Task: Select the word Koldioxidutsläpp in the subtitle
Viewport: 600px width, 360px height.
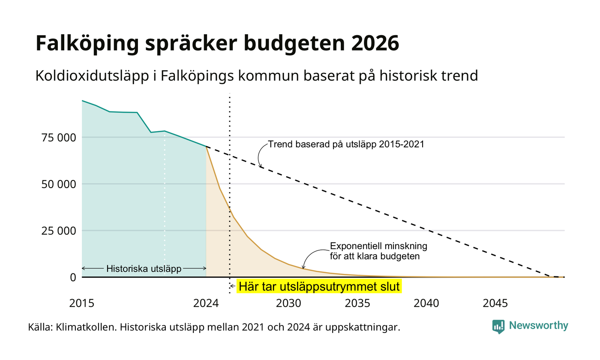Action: [92, 76]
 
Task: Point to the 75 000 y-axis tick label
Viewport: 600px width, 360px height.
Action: [59, 138]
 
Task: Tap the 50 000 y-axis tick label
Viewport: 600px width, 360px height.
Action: [59, 184]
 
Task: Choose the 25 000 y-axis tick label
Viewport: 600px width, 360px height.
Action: [59, 231]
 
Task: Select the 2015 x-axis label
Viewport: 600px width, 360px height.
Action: [82, 303]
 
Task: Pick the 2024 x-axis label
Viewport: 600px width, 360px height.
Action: [206, 303]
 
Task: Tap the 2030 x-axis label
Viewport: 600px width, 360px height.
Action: [288, 303]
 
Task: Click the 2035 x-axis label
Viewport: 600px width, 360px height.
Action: [357, 303]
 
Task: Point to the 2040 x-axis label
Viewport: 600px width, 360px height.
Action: [426, 303]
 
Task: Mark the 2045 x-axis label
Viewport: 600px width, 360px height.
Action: [495, 303]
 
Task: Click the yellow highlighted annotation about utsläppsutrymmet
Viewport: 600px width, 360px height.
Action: [319, 286]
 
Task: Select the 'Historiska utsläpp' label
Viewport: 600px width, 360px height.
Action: [144, 268]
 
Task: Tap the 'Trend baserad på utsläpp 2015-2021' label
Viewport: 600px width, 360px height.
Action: [346, 144]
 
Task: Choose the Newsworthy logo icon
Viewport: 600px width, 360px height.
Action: [498, 327]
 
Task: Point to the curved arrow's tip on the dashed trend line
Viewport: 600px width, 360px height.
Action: [261, 168]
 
